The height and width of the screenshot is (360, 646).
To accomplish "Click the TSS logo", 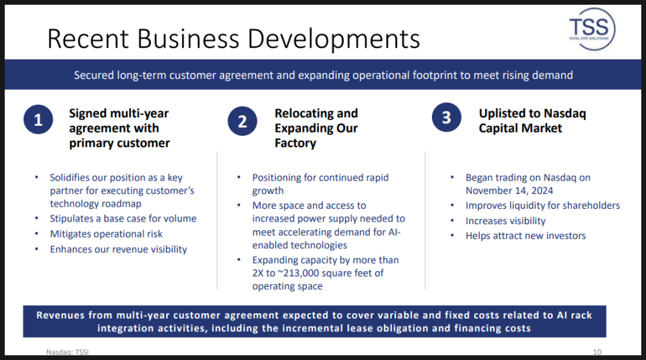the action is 592,29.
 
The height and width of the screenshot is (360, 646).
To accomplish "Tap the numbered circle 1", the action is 38,120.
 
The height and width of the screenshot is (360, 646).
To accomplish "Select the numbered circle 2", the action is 242,121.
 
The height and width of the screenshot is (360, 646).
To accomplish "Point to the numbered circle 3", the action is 447,118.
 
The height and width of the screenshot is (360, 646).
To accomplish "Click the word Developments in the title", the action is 334,39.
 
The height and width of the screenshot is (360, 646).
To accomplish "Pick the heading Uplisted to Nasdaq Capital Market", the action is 532,121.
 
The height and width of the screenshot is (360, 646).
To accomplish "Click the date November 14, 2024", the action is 509,191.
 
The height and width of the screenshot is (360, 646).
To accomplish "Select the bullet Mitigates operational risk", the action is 106,234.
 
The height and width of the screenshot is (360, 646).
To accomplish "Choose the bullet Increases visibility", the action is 506,221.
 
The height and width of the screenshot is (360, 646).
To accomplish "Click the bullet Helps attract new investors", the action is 526,236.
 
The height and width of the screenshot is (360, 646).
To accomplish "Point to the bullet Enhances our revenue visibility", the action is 118,250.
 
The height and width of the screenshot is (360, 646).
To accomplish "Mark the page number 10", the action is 597,352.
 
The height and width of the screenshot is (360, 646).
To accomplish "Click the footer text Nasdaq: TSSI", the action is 68,352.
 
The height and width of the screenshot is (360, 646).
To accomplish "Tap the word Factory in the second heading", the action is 296,143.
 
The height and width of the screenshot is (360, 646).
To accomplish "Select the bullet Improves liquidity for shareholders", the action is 542,205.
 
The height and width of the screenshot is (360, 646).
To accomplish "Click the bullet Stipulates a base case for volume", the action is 123,219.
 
